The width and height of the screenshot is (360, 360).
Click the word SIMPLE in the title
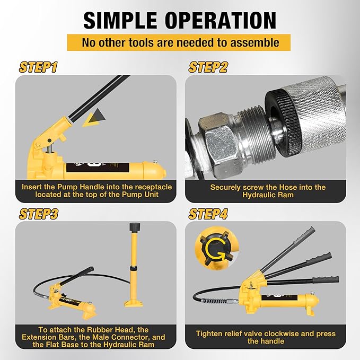pos(120,20)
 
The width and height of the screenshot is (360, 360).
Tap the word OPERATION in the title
pos(221,20)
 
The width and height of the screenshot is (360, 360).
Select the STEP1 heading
pos(38,67)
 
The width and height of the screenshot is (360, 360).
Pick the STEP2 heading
pos(208,67)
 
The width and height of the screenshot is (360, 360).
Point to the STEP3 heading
pos(39,214)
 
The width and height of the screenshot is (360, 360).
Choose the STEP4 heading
pos(208,214)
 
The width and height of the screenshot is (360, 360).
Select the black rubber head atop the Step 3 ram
pos(135,227)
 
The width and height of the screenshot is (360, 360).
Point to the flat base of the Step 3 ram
pos(134,303)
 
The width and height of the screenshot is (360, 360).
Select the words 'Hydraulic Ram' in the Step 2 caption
pos(268,195)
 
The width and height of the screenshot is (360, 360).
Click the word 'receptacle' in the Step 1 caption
pos(153,187)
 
